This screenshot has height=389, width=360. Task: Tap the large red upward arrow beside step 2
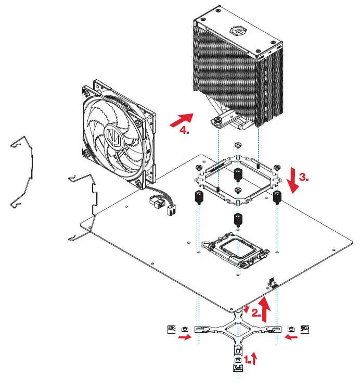[266, 308]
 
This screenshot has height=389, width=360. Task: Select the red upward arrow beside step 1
[254, 358]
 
